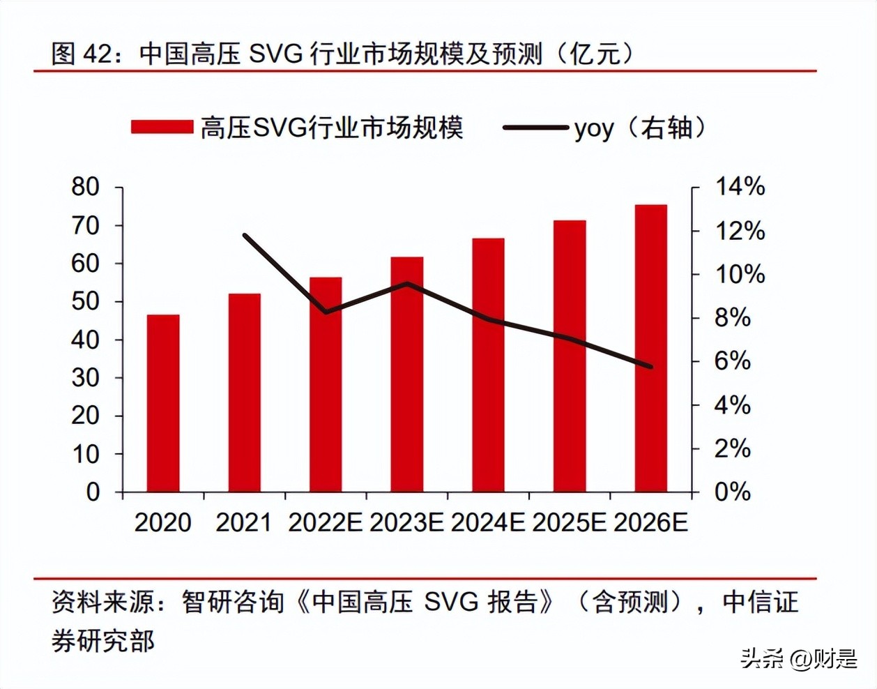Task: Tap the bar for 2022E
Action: (x=326, y=384)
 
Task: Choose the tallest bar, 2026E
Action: (x=650, y=348)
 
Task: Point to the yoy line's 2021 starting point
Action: (x=245, y=235)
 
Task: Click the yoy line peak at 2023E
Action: (x=407, y=283)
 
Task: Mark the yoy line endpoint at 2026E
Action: (x=651, y=366)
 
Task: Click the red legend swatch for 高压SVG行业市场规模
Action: (x=162, y=127)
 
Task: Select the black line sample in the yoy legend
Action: (x=535, y=128)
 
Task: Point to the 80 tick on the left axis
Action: (x=86, y=187)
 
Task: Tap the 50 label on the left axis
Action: (x=86, y=301)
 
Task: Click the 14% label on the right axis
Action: (x=740, y=187)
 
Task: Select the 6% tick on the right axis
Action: (x=732, y=361)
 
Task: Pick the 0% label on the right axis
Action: (x=732, y=492)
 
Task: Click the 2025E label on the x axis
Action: (x=569, y=523)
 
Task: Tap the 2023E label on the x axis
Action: (x=406, y=523)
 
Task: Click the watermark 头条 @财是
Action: (x=798, y=658)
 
